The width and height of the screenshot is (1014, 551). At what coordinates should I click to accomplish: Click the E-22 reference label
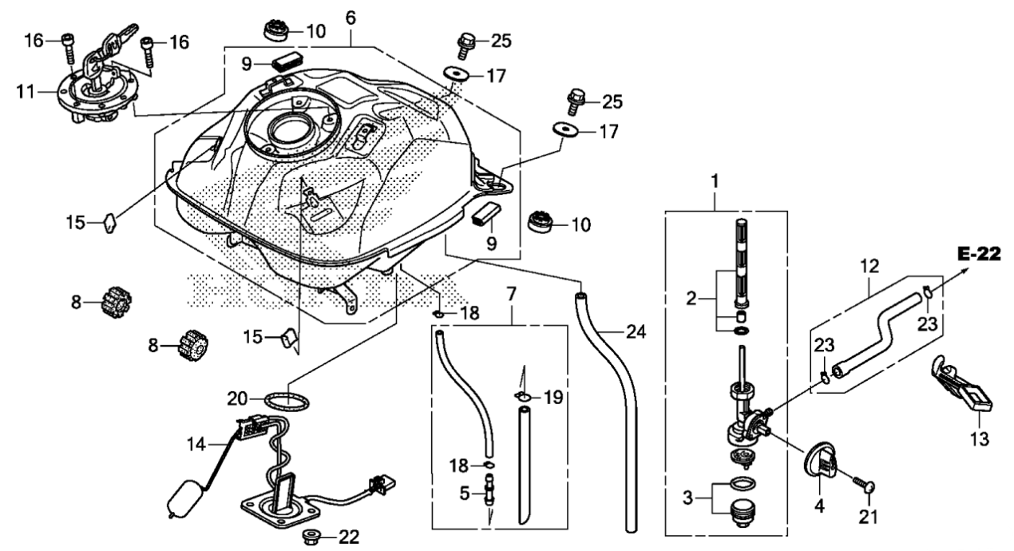click(979, 254)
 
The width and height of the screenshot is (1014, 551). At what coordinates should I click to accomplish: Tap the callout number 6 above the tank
click(351, 18)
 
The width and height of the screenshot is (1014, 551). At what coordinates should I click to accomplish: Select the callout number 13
click(980, 438)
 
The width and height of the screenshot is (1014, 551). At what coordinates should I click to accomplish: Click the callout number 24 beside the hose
click(636, 332)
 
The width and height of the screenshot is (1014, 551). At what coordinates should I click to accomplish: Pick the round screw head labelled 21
click(869, 488)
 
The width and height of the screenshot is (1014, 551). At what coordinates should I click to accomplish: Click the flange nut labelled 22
click(310, 537)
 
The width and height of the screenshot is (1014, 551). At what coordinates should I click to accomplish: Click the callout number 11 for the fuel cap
click(26, 92)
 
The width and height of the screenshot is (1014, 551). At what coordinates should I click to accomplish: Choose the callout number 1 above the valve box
click(715, 181)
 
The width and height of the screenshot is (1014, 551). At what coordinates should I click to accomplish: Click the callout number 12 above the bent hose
click(869, 266)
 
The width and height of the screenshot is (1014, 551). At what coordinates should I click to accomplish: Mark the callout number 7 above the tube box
click(511, 295)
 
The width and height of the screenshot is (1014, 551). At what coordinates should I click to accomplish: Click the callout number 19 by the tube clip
click(553, 398)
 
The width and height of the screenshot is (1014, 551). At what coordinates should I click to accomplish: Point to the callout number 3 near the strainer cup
click(687, 498)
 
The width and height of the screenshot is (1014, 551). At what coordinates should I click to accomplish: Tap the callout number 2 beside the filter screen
click(691, 299)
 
